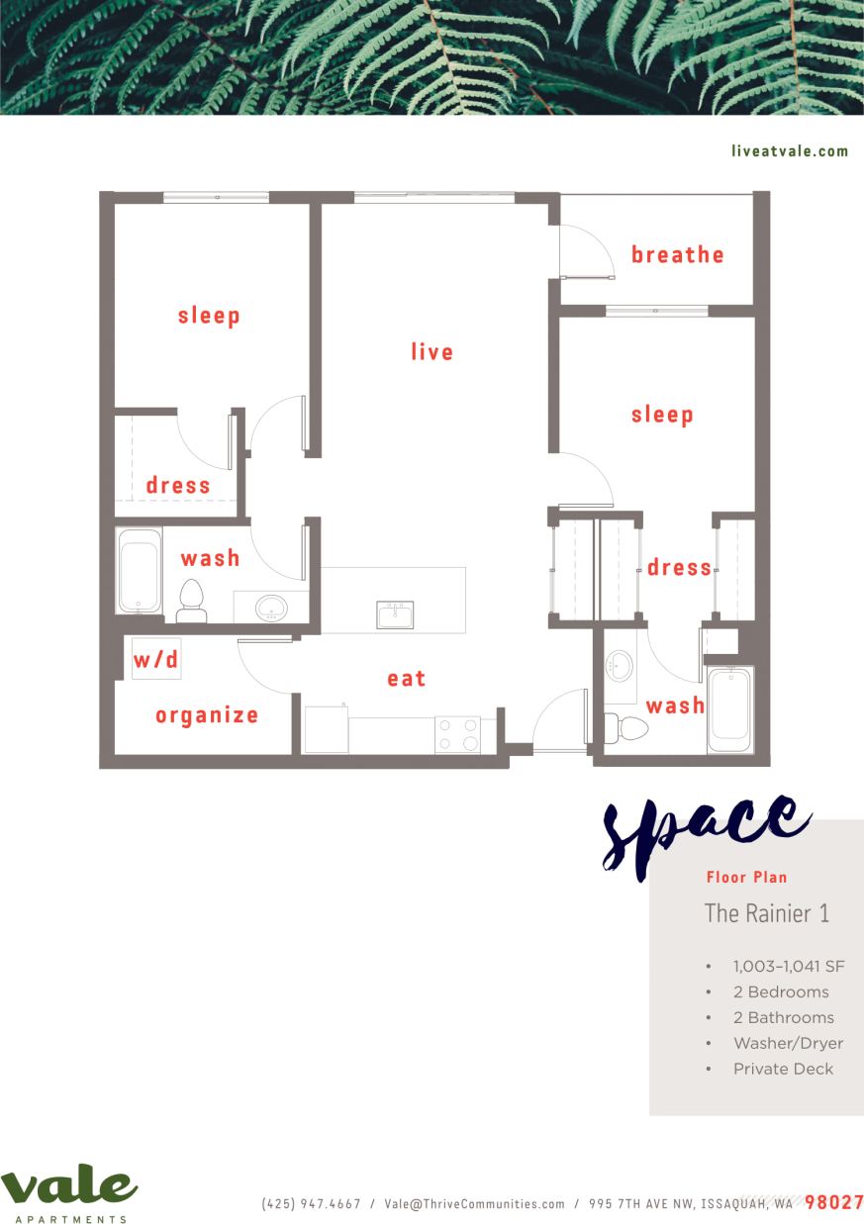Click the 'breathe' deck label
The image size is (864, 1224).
(678, 255)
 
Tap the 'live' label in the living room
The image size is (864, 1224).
(432, 352)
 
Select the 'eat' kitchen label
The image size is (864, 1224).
(407, 679)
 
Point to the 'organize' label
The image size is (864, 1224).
(207, 715)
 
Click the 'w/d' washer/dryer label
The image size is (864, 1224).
(156, 660)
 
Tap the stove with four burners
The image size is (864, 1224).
(457, 734)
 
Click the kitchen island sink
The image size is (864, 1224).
(395, 614)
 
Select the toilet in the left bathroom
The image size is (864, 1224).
(191, 601)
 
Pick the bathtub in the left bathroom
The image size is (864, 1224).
(139, 572)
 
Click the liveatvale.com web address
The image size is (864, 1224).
(790, 151)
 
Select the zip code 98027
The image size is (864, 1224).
(833, 1203)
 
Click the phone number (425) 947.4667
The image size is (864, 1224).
(311, 1204)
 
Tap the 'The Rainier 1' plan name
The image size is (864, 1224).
(766, 913)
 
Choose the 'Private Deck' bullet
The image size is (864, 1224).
(783, 1069)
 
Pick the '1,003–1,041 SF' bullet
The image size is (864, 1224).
(788, 966)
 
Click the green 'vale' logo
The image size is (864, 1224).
(68, 1187)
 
